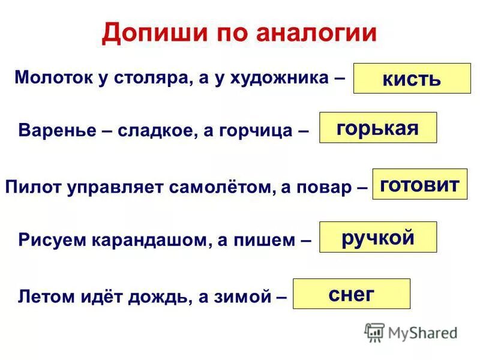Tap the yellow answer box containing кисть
[412, 79]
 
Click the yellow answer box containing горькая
[377, 127]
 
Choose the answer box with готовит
[419, 184]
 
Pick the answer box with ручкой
[377, 237]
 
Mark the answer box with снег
[351, 293]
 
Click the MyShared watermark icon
[374, 332]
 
